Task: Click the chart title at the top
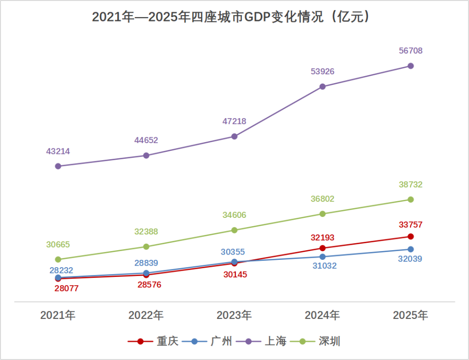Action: coord(234,17)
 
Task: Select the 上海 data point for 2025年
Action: coord(411,66)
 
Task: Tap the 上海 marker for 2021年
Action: coord(58,166)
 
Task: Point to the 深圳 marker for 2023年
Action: coord(234,230)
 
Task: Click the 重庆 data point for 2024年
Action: coord(322,248)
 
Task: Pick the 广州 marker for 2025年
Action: coord(411,250)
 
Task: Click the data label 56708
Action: coord(410,51)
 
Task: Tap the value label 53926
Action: coord(322,72)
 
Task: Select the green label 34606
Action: coord(234,215)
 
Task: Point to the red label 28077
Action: coord(66,289)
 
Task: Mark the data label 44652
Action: coord(146,141)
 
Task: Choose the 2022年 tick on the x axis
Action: coord(146,316)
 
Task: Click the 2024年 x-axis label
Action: coord(322,316)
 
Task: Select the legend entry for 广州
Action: coord(208,341)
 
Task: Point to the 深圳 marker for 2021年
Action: coord(58,259)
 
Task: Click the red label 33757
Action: coord(410,225)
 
